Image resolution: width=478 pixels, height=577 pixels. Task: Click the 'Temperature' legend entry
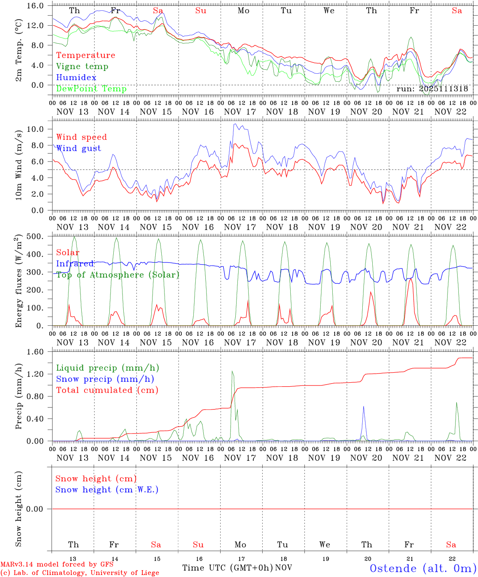tap(85, 55)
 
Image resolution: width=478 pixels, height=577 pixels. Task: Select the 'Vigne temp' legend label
tap(82, 67)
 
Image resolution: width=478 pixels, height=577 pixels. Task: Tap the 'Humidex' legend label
tap(76, 77)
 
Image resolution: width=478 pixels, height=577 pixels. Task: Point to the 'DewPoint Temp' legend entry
tap(91, 89)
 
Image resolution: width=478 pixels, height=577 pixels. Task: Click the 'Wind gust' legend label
tap(78, 148)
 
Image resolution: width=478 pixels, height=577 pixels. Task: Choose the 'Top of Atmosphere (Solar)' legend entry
tap(117, 275)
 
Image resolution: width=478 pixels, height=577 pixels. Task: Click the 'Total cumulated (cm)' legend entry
tap(107, 390)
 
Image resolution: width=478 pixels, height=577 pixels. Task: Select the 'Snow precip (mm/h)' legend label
tap(105, 379)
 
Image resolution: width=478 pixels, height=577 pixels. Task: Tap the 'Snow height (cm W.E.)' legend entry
tap(106, 490)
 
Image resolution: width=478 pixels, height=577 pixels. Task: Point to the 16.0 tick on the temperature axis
tap(39, 6)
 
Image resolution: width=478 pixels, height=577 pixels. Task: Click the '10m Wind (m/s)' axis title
tap(19, 165)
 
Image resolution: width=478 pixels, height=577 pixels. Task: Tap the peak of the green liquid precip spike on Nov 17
tap(232, 371)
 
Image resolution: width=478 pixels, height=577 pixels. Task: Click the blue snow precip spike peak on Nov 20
tap(364, 406)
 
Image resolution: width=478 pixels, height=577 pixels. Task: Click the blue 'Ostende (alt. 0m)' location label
tap(423, 568)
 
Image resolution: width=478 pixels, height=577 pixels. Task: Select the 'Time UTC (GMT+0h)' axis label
tap(227, 568)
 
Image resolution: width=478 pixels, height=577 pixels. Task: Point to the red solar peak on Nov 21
tap(410, 279)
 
